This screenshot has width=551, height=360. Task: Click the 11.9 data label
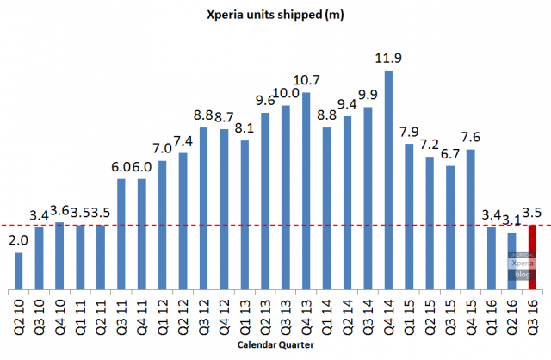click(x=389, y=59)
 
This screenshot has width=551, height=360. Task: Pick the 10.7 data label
click(x=306, y=80)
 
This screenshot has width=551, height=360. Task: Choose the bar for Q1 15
click(x=409, y=216)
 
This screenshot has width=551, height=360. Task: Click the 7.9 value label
click(x=410, y=133)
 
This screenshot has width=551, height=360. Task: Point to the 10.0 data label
click(x=286, y=93)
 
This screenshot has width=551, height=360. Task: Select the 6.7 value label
click(x=450, y=154)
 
